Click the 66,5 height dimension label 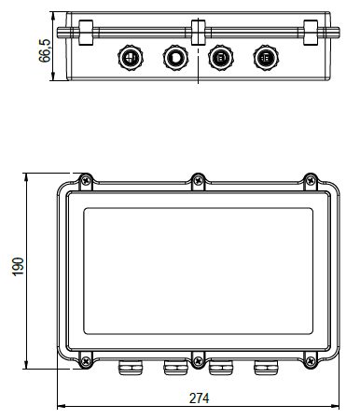45,50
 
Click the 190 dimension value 18,266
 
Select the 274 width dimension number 200,398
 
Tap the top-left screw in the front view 86,180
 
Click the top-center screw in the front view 198,180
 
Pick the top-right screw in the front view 311,180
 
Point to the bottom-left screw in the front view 86,361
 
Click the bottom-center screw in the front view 198,361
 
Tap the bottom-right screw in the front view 311,361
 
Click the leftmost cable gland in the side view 131,58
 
